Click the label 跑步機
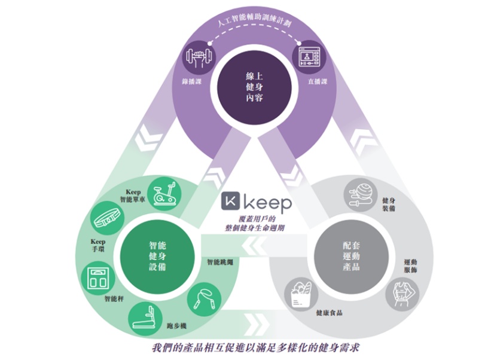179,324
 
